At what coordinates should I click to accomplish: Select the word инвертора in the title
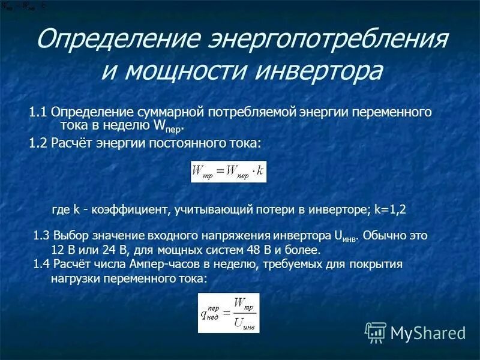click(x=318, y=71)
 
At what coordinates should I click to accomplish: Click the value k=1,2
click(x=390, y=209)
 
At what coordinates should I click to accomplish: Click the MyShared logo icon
click(x=375, y=331)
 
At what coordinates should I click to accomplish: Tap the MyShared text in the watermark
click(x=428, y=332)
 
